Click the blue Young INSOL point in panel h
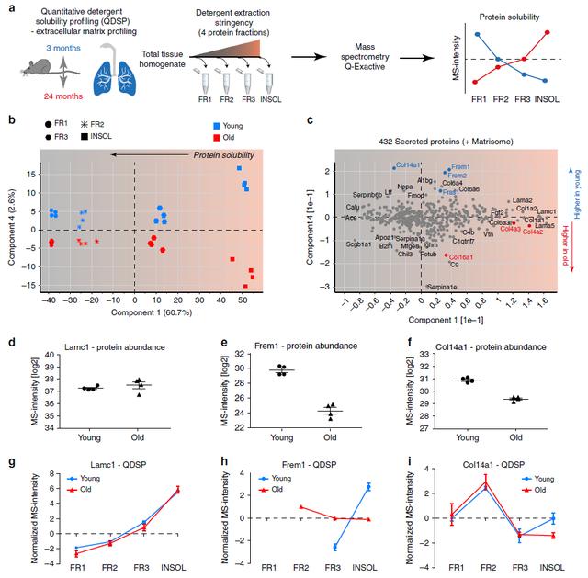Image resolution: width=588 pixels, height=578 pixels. click(369, 486)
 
